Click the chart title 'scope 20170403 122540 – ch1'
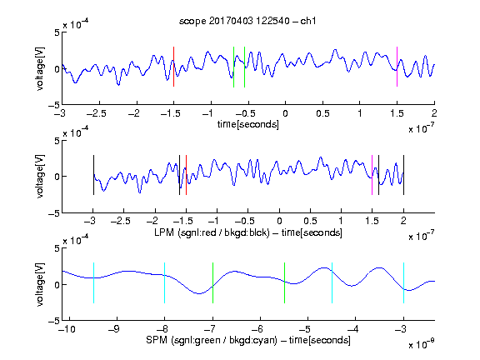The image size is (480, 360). [x=247, y=21]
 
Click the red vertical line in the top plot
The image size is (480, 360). [x=173, y=67]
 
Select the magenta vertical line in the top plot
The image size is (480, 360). [x=397, y=67]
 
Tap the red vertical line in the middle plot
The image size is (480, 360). [x=186, y=175]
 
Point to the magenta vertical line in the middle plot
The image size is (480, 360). [x=372, y=175]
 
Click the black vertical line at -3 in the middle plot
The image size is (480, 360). [x=93, y=175]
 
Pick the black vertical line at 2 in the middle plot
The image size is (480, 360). [x=404, y=175]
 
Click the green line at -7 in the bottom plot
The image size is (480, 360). [x=212, y=282]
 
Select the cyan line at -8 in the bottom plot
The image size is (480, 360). [x=165, y=282]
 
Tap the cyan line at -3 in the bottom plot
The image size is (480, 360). [x=404, y=282]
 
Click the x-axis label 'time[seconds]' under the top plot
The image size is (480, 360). [x=248, y=124]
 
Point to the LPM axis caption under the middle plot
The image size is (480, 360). [x=248, y=232]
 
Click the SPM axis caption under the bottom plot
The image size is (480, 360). [x=248, y=340]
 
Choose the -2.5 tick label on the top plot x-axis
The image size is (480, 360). [x=97, y=113]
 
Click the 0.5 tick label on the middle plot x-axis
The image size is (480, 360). [x=310, y=221]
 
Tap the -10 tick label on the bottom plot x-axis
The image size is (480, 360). [x=67, y=329]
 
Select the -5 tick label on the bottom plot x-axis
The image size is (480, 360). [x=304, y=329]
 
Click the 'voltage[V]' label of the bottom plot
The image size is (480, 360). [x=40, y=284]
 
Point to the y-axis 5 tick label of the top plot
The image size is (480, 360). [x=57, y=32]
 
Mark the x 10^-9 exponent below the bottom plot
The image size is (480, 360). [x=422, y=344]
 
